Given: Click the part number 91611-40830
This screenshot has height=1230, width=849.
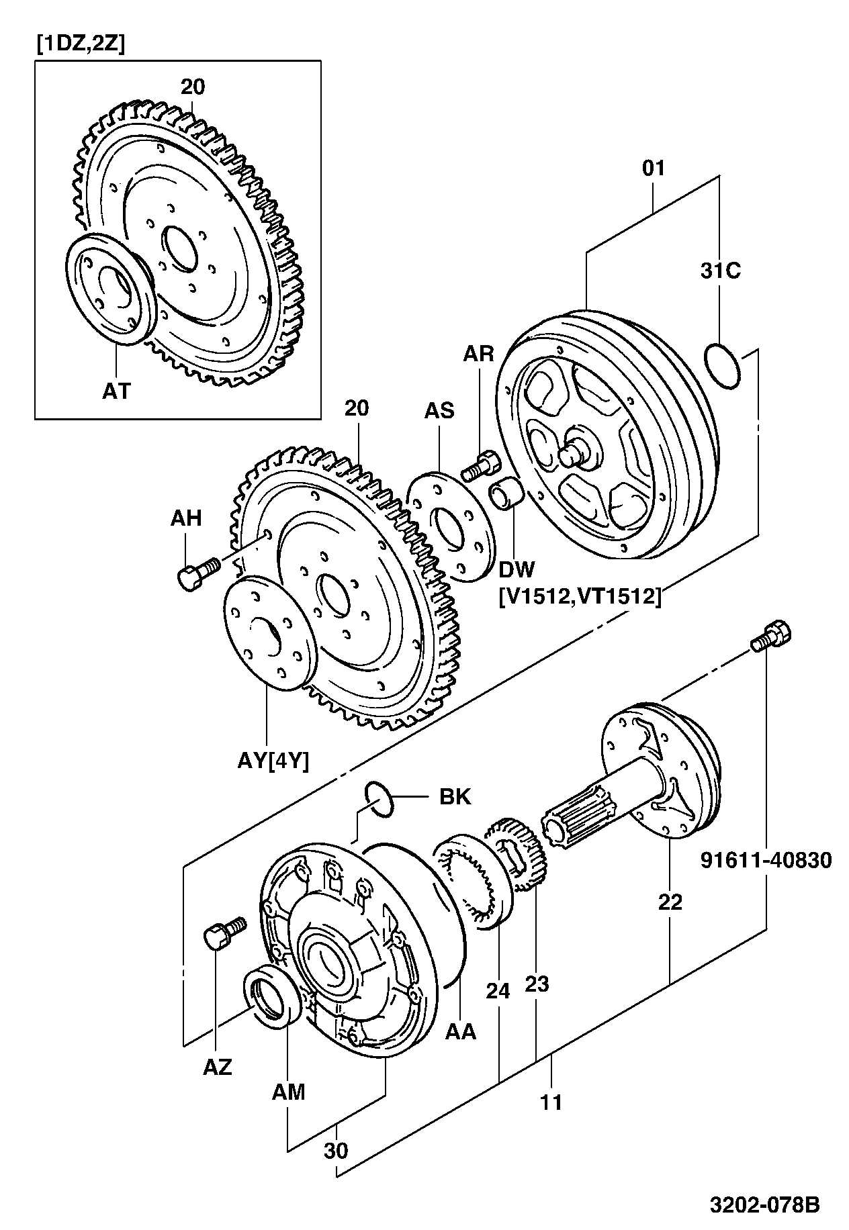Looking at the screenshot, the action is [766, 859].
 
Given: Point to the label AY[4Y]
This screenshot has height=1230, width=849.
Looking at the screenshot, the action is [273, 761].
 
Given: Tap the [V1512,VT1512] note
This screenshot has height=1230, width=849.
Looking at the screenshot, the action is [580, 595].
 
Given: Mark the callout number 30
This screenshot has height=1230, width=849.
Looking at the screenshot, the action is [336, 1150].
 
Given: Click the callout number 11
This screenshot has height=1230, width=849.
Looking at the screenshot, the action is [551, 1102].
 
